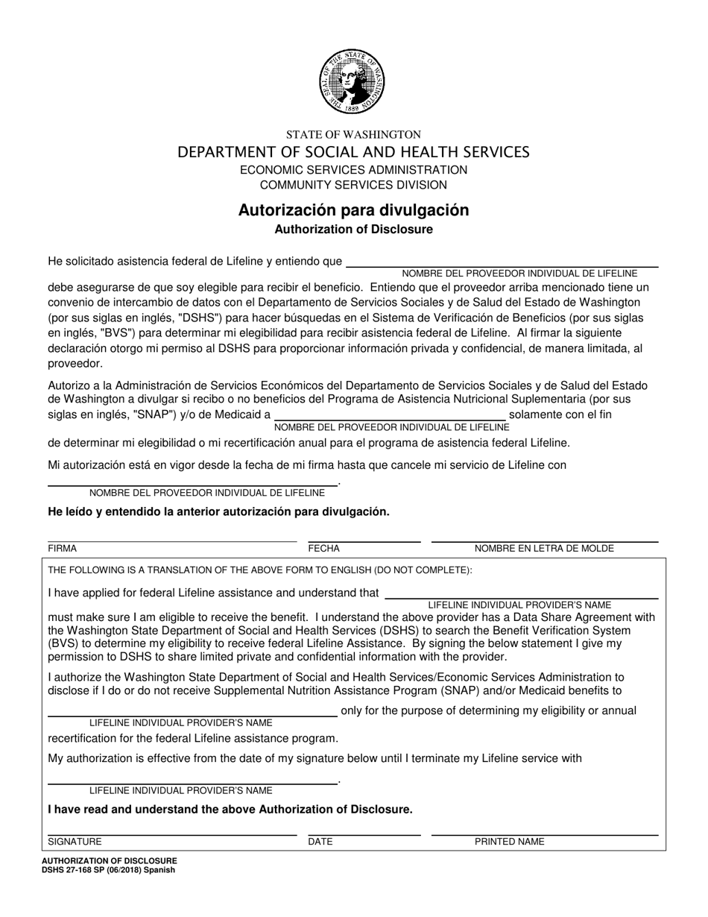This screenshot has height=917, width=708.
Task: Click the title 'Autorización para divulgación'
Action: point(353,210)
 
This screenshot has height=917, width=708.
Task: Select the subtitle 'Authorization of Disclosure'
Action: point(353,230)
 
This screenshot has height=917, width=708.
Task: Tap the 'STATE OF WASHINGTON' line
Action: point(353,135)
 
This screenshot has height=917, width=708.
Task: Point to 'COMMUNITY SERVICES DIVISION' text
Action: point(353,185)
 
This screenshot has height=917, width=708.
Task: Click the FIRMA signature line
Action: point(172,541)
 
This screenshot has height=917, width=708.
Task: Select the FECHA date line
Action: point(364,541)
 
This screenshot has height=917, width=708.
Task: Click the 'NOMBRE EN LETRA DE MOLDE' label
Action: point(544,549)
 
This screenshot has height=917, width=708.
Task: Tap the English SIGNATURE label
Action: point(75,842)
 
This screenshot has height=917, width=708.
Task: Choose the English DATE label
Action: point(320,842)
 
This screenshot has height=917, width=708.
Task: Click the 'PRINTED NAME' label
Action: point(510,842)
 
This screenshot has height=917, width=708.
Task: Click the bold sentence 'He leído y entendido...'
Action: point(218,511)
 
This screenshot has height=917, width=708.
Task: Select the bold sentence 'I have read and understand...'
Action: point(230,809)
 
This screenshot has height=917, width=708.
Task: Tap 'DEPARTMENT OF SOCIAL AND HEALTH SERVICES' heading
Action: point(353,152)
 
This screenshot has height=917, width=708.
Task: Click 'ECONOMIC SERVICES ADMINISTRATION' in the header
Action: point(353,170)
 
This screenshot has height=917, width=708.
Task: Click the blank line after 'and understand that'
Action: point(522,596)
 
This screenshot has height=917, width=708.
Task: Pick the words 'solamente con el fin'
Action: point(560,415)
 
